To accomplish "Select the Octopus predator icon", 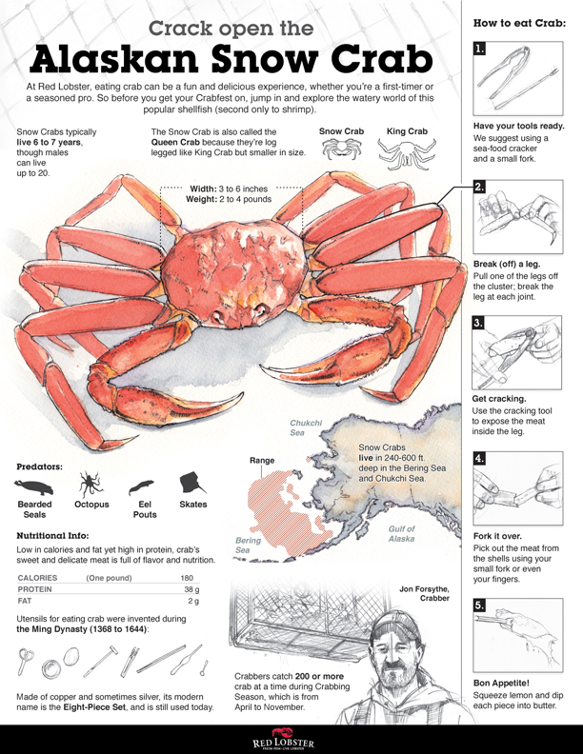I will click(90, 483).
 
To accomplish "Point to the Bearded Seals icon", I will click(36, 483).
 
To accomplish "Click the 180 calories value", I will click(189, 577).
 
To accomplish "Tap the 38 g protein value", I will click(191, 589).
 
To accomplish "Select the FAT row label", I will click(28, 602).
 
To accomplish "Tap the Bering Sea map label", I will click(248, 545).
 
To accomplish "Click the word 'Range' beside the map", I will click(262, 461).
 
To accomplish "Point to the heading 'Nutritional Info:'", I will click(53, 536).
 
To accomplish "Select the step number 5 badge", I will click(479, 604).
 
